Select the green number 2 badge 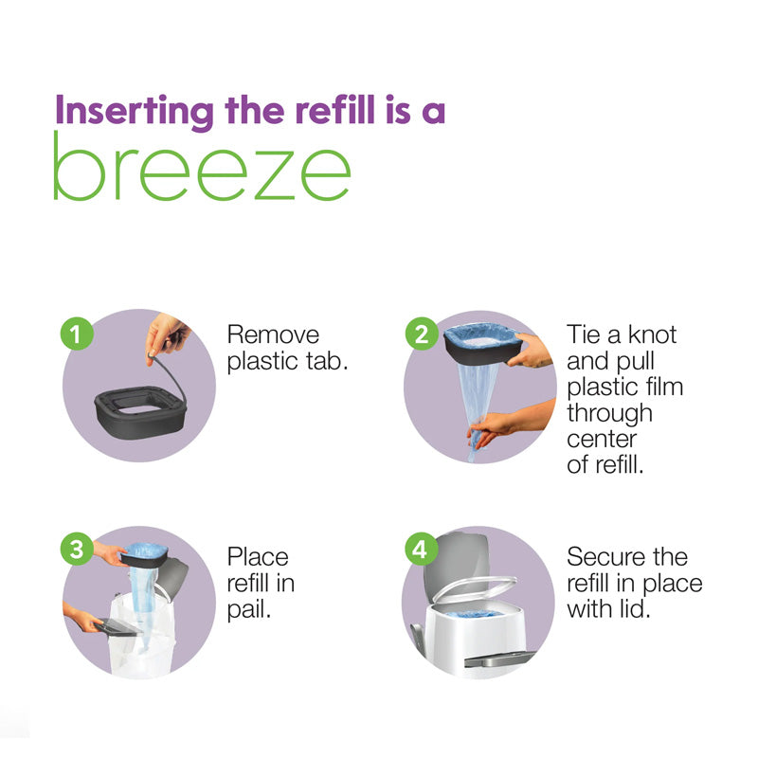point(420,334)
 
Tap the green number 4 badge point(420,548)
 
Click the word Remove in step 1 point(273,334)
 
